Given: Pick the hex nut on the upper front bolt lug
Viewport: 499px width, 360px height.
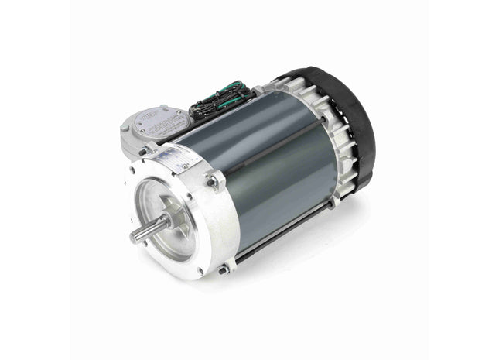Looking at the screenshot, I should [211, 181].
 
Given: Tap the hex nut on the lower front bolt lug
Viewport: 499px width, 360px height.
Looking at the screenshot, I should [224, 269].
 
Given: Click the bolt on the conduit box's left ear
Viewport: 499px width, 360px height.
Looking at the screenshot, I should [125, 125].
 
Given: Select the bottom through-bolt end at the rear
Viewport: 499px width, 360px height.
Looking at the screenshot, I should [333, 204].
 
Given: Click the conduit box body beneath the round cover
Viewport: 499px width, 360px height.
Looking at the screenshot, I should [143, 143].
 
